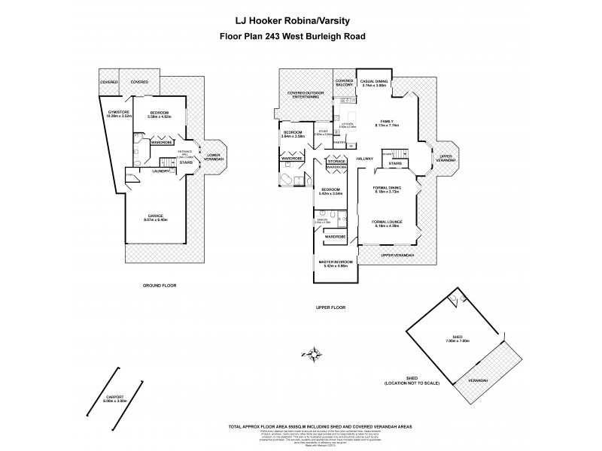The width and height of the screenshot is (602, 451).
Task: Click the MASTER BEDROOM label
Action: click(337, 264)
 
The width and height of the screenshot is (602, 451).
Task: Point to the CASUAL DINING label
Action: click(374, 83)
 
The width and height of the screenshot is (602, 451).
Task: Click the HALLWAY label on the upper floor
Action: click(366, 159)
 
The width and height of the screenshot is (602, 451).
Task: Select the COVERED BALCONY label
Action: click(345, 83)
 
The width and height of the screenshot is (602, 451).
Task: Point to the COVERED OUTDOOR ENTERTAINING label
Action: click(306, 95)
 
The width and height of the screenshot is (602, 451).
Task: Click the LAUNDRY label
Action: click(159, 171)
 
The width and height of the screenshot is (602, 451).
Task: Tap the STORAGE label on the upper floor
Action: click(336, 161)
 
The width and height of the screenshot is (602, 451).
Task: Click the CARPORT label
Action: click(113, 398)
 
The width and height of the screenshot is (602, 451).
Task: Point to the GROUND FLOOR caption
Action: click(159, 286)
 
